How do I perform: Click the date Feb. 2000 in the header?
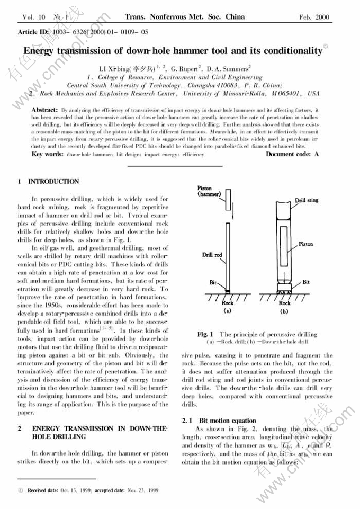[314, 17]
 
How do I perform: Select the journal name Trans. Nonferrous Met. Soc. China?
[185, 16]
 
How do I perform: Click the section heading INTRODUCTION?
[53, 182]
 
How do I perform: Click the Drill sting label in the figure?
[307, 201]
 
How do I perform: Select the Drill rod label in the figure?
[212, 255]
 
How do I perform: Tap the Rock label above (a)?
[227, 303]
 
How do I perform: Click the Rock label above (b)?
[285, 303]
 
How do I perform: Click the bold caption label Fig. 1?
[205, 334]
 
